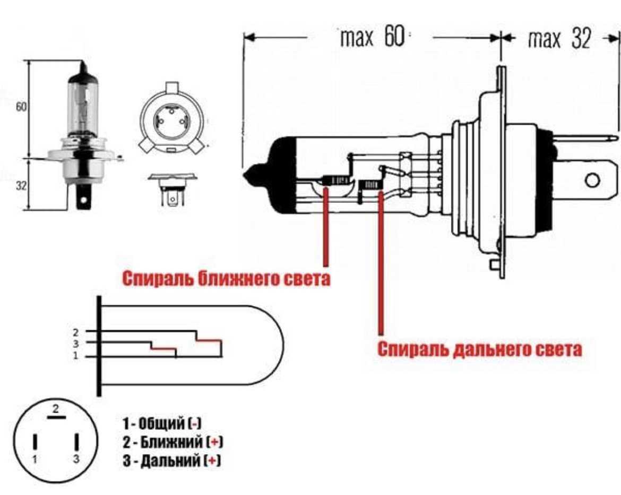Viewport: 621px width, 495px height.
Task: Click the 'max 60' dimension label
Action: (372, 37)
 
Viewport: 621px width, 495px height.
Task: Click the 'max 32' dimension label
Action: (559, 38)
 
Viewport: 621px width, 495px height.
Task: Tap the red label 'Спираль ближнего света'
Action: (226, 279)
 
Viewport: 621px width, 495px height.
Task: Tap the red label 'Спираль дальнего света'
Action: (480, 349)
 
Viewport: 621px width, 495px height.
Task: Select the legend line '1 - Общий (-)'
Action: (162, 424)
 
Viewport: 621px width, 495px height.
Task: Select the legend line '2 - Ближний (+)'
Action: (172, 442)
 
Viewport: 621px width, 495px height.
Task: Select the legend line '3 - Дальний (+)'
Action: (171, 460)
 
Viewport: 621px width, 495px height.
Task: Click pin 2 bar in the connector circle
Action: (56, 416)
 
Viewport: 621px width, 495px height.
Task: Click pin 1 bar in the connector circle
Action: (35, 442)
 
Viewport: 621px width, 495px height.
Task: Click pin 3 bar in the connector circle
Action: (77, 442)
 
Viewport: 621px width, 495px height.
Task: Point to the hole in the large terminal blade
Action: (592, 181)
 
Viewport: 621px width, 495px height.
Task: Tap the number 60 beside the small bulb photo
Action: (21, 107)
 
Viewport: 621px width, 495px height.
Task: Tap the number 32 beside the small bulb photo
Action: (21, 185)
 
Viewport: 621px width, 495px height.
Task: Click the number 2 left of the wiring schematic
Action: (76, 332)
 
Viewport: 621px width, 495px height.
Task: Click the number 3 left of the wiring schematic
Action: (76, 344)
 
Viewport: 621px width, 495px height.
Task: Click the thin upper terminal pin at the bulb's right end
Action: (585, 139)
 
